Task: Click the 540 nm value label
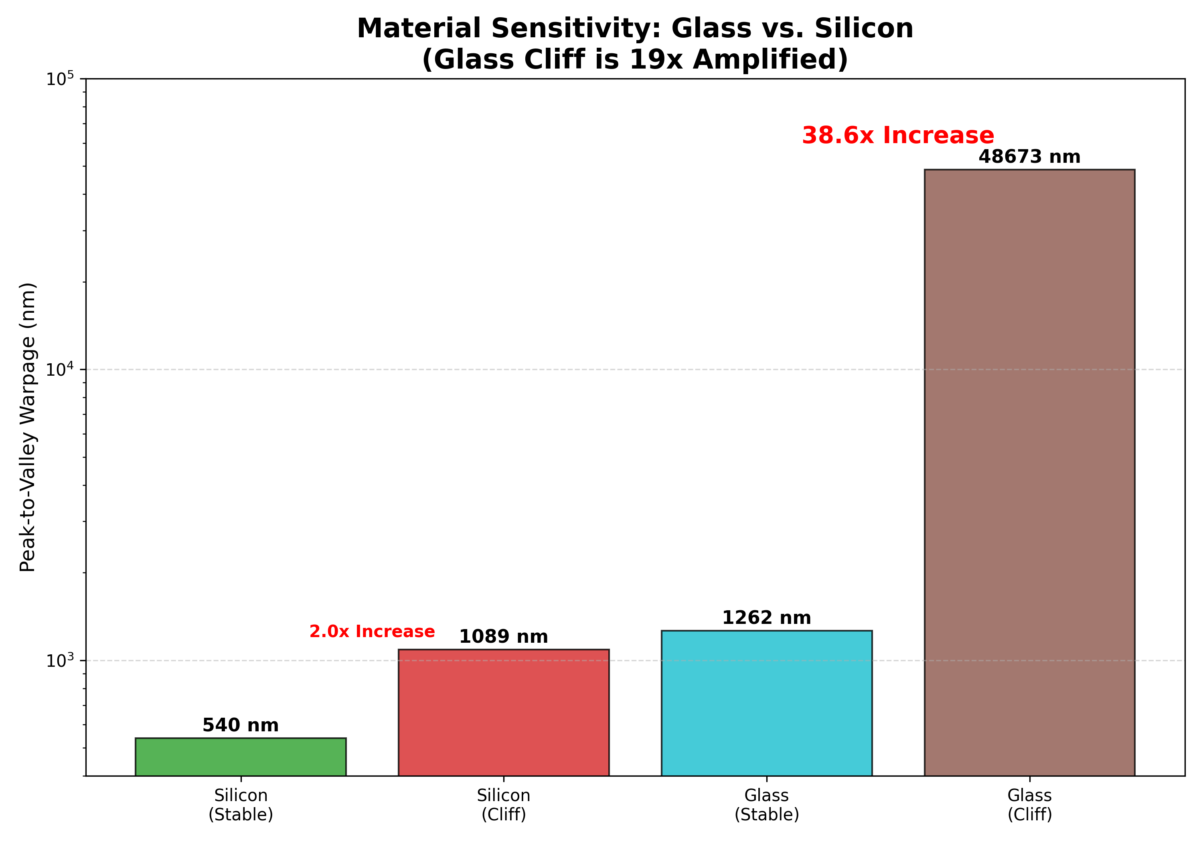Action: (x=241, y=725)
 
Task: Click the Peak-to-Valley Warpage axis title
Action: (x=27, y=427)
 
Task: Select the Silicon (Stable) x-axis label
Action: (x=241, y=804)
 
